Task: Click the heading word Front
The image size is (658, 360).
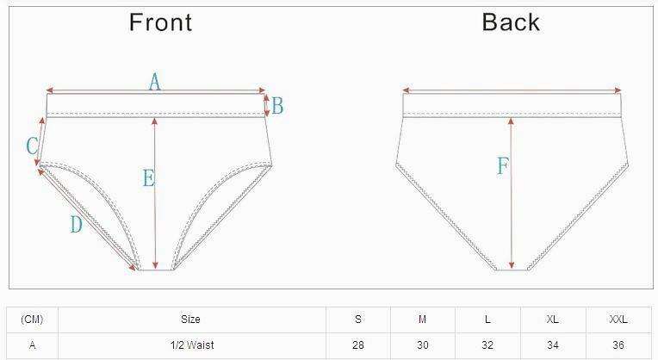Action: [160, 22]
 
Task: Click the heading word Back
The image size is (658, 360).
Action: [511, 22]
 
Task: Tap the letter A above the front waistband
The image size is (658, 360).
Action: [155, 82]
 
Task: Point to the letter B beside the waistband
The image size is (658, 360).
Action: [277, 107]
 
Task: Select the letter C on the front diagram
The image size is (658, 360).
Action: [32, 146]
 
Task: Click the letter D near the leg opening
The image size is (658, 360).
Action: [76, 225]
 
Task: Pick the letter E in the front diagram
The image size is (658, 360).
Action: [148, 178]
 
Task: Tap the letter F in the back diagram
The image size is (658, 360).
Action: [503, 166]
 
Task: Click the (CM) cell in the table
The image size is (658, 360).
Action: [32, 320]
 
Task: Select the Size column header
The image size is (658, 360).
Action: [190, 320]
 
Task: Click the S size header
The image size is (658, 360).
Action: [358, 320]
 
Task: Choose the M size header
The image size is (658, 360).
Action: [422, 320]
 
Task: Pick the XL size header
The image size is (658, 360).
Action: [552, 320]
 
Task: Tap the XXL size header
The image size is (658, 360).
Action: [618, 320]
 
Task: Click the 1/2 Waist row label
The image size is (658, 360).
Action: [190, 345]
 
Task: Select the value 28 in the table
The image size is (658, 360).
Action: [358, 345]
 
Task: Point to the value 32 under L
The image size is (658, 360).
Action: [487, 345]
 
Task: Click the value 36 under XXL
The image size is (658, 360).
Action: [618, 345]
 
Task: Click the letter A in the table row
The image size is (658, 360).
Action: [32, 345]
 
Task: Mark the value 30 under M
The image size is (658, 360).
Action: [422, 345]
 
